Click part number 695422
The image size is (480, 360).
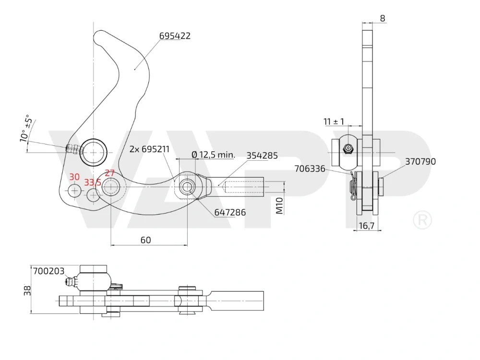click(x=175, y=36)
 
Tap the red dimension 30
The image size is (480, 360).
click(x=74, y=177)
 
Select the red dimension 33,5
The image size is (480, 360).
click(x=93, y=183)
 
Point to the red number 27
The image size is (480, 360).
click(x=109, y=173)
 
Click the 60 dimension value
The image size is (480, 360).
click(x=146, y=240)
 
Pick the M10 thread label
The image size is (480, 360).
click(x=279, y=205)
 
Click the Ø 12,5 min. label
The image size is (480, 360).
click(x=214, y=155)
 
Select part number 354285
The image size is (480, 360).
click(x=262, y=156)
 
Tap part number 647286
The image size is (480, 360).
click(x=230, y=213)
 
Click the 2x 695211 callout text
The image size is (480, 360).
click(x=149, y=149)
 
